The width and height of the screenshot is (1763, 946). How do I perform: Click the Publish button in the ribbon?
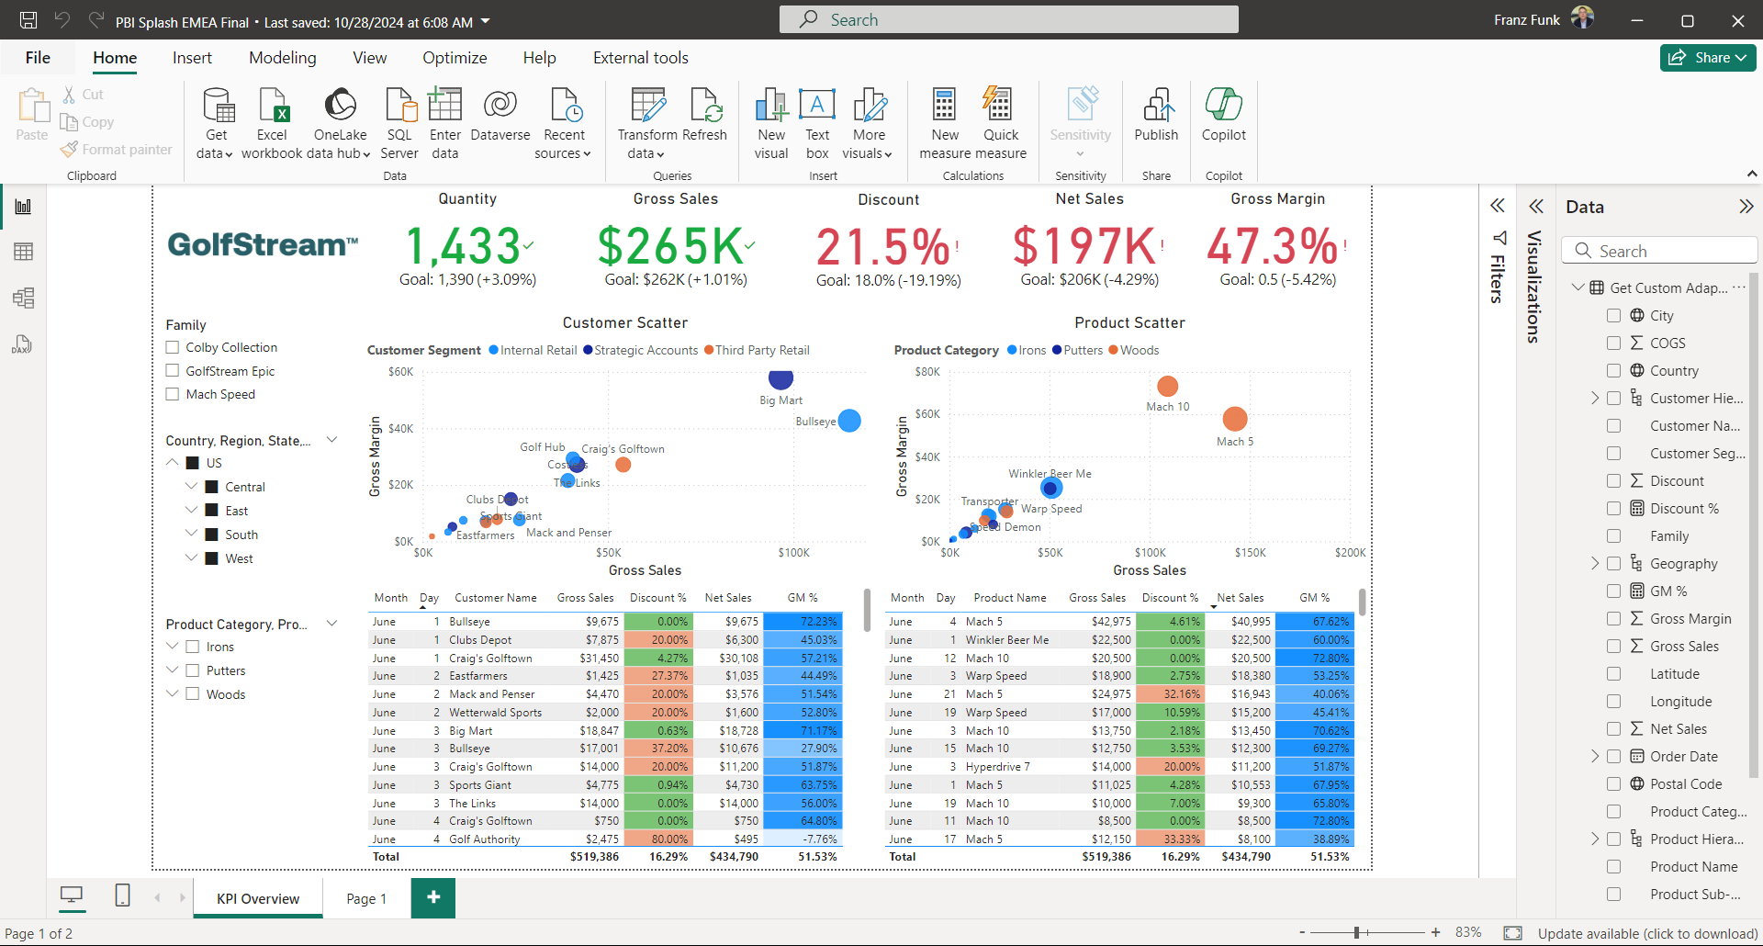(x=1156, y=115)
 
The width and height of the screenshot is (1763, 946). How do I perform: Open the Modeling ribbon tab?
(x=282, y=58)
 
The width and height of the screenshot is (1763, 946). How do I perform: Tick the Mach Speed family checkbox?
(x=172, y=394)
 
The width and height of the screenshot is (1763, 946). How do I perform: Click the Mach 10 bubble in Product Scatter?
(x=1167, y=386)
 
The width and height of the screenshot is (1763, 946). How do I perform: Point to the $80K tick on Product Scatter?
(x=927, y=372)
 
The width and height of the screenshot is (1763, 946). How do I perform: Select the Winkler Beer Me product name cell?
(x=1006, y=640)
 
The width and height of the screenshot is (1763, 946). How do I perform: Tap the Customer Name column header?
(x=495, y=598)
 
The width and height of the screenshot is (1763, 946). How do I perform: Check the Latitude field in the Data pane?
(x=1613, y=674)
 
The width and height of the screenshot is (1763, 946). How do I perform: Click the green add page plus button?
(x=433, y=897)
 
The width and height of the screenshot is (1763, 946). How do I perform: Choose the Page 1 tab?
(x=366, y=899)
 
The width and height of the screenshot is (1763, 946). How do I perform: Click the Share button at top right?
(x=1707, y=58)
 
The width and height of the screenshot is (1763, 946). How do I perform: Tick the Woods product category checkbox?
(x=193, y=694)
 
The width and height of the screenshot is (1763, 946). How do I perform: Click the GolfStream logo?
(x=263, y=244)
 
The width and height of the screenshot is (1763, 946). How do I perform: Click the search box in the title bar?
(x=1008, y=19)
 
